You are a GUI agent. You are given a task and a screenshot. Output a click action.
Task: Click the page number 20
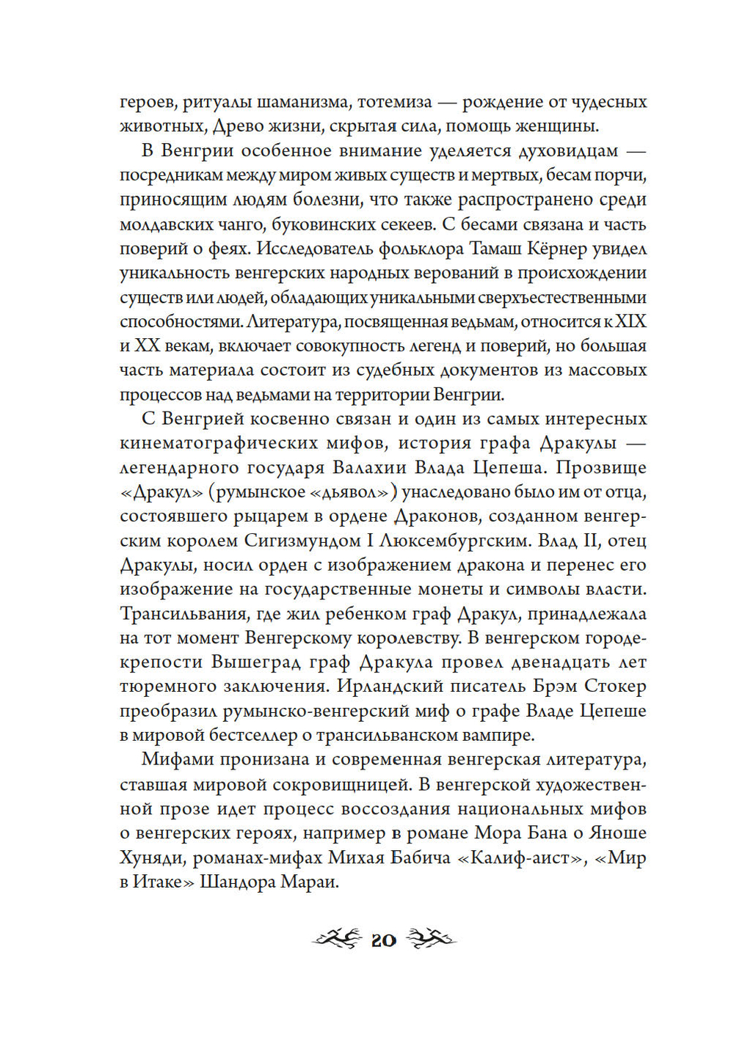(383, 940)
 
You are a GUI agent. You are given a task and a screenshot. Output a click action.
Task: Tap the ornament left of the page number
(337, 938)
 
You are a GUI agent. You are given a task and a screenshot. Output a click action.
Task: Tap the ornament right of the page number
(431, 938)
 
